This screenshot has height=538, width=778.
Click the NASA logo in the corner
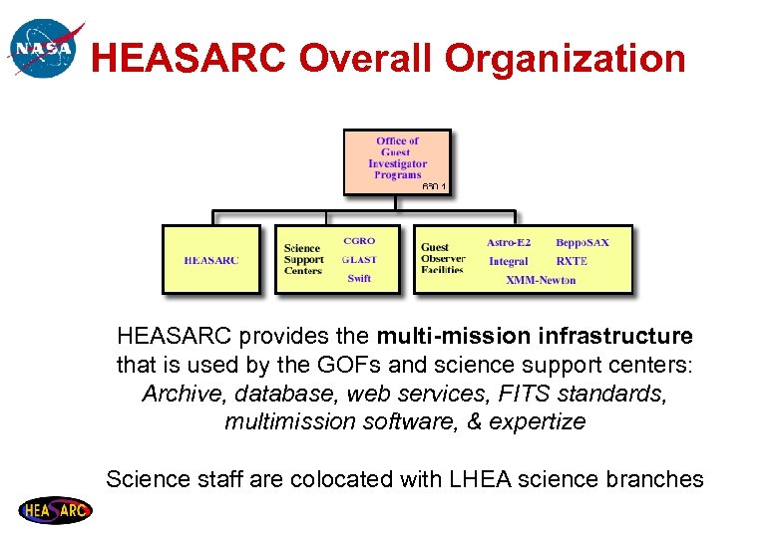click(43, 47)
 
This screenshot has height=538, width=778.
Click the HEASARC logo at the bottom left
click(55, 510)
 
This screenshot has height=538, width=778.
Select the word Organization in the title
click(566, 59)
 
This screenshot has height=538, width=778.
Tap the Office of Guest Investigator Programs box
click(397, 160)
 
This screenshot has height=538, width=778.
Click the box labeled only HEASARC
click(210, 260)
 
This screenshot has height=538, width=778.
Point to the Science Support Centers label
click(303, 259)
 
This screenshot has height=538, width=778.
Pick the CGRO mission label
click(359, 241)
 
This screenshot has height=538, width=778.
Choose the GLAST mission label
click(359, 260)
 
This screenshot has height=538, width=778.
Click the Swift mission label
click(359, 279)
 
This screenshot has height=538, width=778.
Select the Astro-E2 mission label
click(509, 242)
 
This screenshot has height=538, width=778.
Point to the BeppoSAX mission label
click(582, 242)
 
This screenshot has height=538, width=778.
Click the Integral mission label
click(509, 261)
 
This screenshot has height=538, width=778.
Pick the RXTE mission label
click(572, 261)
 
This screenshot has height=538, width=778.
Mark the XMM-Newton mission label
click(541, 280)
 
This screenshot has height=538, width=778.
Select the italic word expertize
click(537, 421)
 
